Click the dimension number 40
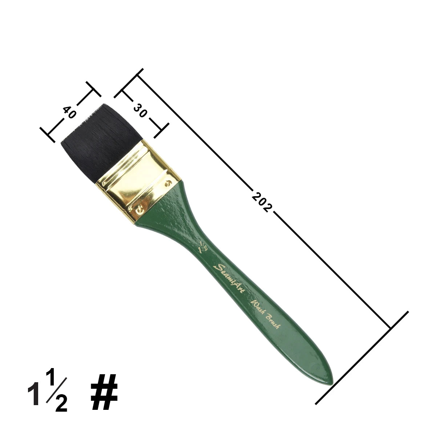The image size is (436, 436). [x=69, y=112]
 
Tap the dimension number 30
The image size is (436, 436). [x=140, y=110]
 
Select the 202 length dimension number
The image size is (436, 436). [x=262, y=202]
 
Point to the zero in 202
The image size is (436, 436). [x=262, y=202]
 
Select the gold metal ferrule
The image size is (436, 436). [x=138, y=174]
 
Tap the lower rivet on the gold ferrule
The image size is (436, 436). [x=138, y=209]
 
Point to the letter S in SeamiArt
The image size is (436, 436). [x=219, y=267]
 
